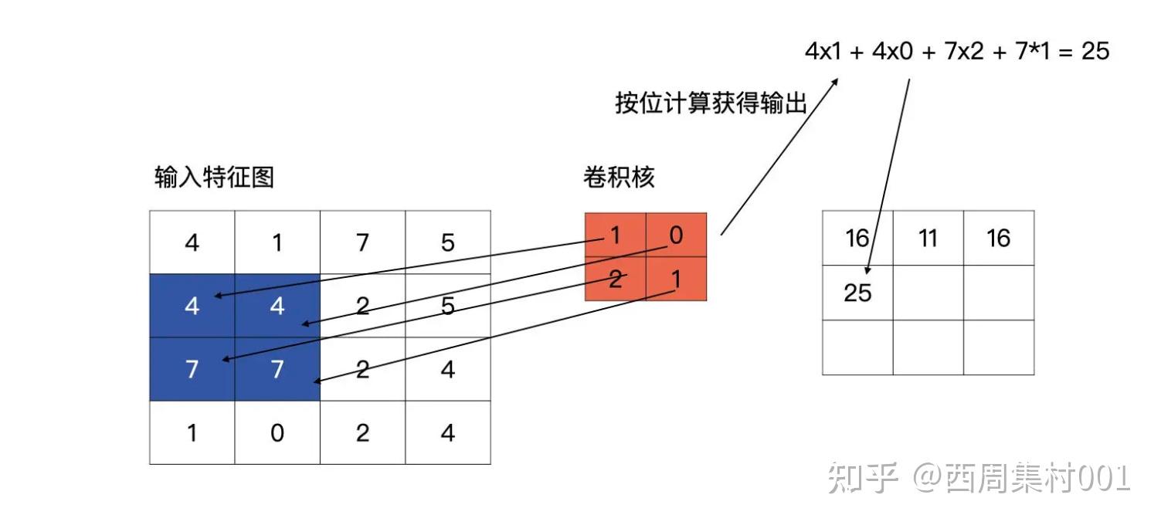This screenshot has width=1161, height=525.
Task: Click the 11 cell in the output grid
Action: [928, 239]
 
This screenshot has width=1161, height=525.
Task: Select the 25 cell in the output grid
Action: [857, 293]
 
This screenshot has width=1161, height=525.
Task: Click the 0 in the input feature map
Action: [277, 433]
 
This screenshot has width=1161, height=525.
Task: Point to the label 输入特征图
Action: [214, 178]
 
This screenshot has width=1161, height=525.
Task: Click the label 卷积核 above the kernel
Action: [618, 178]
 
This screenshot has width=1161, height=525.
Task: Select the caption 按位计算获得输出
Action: [711, 103]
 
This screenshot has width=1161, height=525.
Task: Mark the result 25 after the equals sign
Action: [1095, 52]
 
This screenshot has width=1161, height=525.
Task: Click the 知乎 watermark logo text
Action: [863, 479]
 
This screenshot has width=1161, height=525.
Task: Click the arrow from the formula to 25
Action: [888, 178]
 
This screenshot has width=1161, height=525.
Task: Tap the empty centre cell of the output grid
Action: [928, 293]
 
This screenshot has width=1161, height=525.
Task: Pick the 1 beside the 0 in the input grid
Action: [192, 433]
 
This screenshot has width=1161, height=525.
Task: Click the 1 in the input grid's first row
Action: [277, 243]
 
